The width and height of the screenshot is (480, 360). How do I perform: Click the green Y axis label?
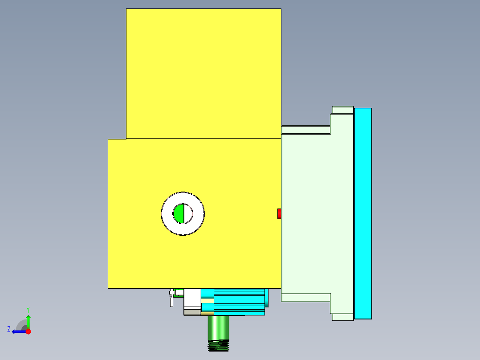click(x=28, y=309)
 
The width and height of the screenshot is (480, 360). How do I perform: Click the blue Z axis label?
click(x=9, y=329)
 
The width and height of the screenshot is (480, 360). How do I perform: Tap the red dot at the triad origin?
click(x=28, y=331)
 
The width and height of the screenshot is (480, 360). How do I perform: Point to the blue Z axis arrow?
click(x=18, y=331)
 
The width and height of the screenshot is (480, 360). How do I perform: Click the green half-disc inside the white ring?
click(x=179, y=214)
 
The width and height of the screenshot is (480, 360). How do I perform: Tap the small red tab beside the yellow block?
click(x=279, y=214)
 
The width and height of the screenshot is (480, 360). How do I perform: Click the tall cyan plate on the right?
click(x=363, y=214)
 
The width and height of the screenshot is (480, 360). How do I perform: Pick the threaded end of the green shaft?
click(x=218, y=345)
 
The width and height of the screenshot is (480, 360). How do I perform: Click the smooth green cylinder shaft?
click(x=218, y=327)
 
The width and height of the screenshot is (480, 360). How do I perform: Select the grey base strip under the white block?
click(x=192, y=312)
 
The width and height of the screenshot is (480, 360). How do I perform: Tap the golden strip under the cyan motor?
click(x=207, y=314)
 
